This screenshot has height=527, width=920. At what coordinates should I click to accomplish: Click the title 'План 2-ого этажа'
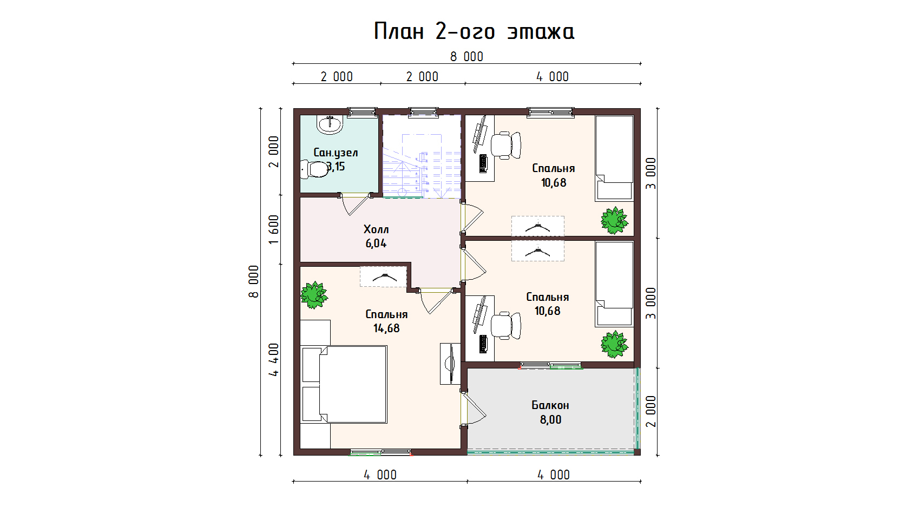tap(474, 31)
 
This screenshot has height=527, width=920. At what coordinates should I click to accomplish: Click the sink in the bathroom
tap(330, 124)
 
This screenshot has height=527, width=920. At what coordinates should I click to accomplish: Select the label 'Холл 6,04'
tap(376, 236)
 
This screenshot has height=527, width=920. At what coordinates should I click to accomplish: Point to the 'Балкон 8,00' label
tap(550, 412)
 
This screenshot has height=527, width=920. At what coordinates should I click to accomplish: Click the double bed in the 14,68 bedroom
tap(345, 385)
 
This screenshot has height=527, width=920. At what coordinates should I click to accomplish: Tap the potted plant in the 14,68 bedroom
tap(314, 295)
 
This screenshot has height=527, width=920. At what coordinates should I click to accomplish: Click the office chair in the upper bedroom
tap(506, 145)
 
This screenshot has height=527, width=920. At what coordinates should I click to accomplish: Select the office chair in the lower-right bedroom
tap(506, 326)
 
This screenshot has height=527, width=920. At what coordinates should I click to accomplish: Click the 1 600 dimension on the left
tap(274, 229)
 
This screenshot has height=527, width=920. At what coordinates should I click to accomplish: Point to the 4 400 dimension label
tap(274, 359)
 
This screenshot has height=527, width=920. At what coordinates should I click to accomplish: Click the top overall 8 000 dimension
tap(466, 57)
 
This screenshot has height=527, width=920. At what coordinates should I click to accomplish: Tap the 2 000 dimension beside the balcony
tap(651, 411)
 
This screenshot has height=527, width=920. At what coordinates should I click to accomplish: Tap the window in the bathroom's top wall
tap(362, 111)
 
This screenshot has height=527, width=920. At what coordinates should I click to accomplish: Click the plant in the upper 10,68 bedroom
tap(614, 221)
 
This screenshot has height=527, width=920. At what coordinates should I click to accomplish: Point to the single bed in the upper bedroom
tap(614, 158)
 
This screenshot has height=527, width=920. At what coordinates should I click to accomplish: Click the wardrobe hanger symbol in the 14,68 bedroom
tap(384, 277)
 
